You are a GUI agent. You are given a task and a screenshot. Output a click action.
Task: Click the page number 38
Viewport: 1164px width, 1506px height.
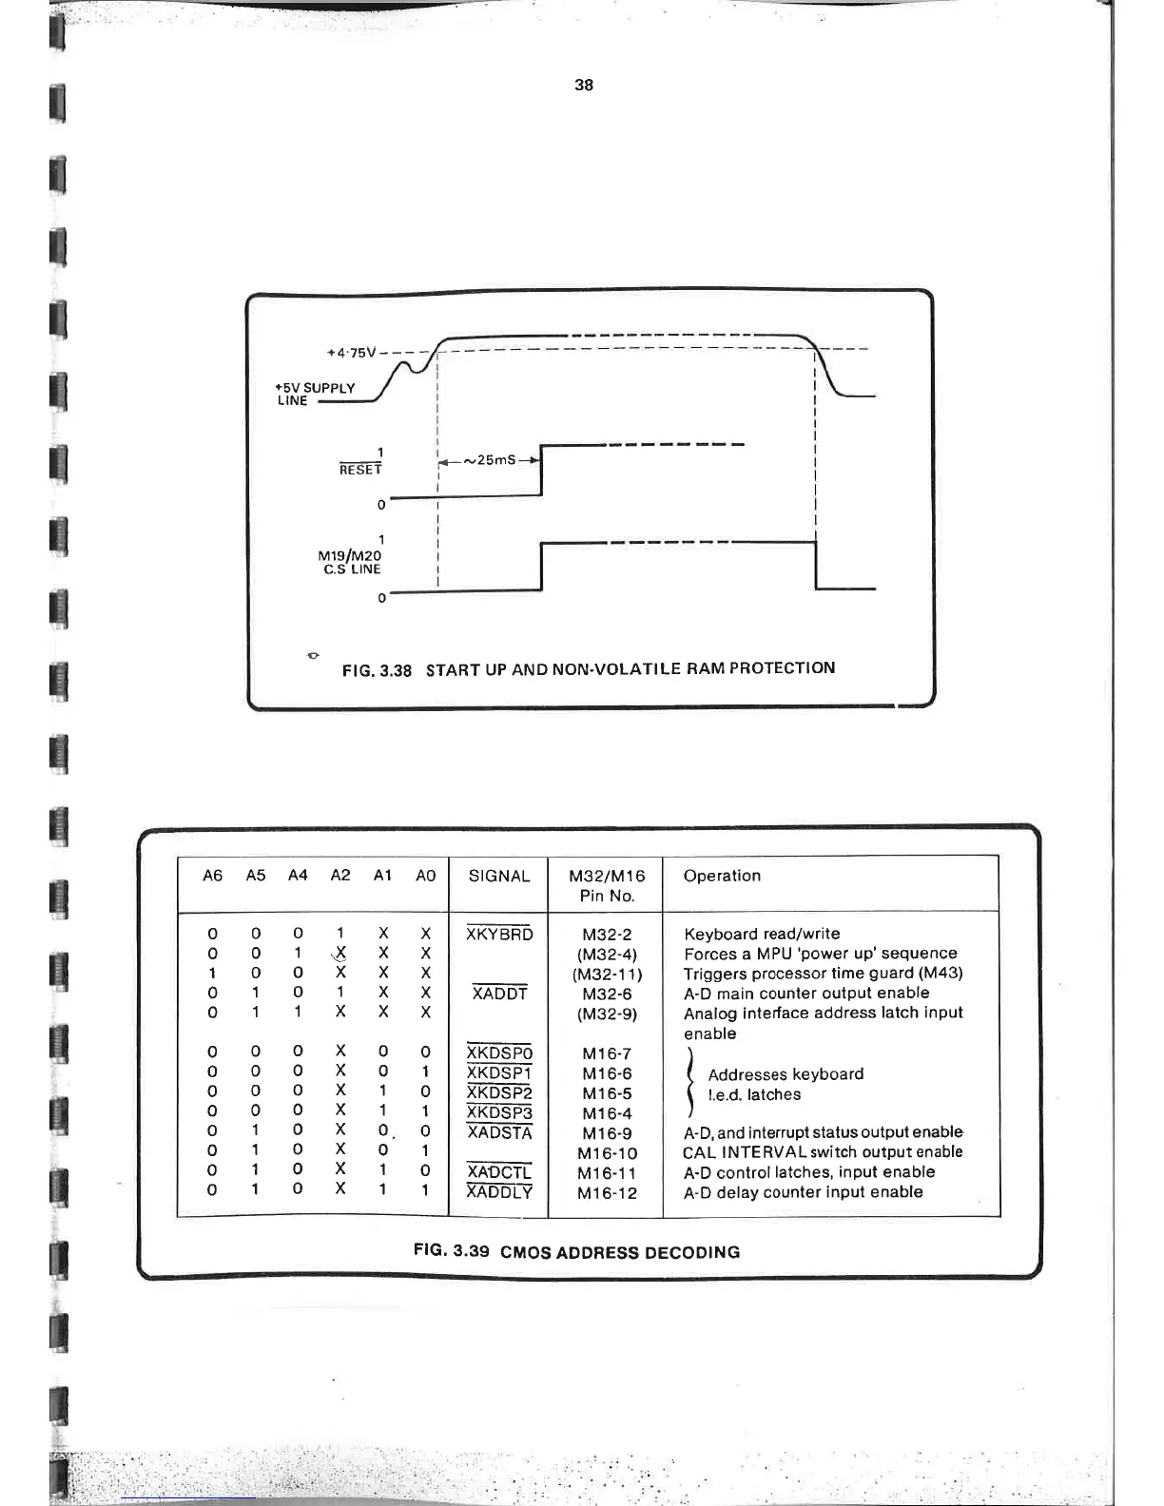[584, 85]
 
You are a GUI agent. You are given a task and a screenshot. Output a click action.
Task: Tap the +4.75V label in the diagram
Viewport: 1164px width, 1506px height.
[352, 353]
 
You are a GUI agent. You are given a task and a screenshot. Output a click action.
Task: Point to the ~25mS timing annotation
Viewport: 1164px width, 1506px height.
[489, 460]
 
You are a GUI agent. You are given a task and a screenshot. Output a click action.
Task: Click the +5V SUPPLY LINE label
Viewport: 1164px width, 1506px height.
[315, 394]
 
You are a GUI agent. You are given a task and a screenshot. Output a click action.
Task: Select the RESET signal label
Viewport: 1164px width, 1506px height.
[360, 470]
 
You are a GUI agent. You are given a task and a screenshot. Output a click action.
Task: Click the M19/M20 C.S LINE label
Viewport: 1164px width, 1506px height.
[350, 562]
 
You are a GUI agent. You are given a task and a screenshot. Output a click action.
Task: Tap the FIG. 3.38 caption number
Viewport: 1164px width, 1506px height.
[377, 670]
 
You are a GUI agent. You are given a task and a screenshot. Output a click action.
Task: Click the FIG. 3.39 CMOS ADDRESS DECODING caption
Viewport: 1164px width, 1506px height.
[576, 1251]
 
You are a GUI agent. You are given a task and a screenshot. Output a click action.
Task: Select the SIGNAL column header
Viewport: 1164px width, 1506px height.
[498, 876]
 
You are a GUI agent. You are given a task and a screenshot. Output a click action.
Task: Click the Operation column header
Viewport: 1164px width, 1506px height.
[722, 876]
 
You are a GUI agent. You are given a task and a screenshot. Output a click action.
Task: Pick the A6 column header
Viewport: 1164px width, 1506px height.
[213, 876]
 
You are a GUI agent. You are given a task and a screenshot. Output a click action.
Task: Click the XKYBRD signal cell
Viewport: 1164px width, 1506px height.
[499, 935]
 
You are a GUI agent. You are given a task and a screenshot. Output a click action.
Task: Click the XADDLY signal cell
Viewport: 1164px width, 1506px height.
[499, 1192]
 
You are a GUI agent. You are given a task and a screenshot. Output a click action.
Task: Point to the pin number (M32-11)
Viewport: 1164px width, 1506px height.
[607, 975]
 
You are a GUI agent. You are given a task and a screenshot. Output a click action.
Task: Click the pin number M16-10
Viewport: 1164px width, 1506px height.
[607, 1153]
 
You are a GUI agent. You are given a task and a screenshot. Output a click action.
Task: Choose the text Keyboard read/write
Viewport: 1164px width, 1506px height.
[762, 935]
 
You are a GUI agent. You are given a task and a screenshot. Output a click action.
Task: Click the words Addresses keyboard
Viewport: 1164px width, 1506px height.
[786, 1074]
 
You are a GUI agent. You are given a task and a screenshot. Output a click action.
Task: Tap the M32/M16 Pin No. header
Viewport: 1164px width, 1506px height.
[607, 885]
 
